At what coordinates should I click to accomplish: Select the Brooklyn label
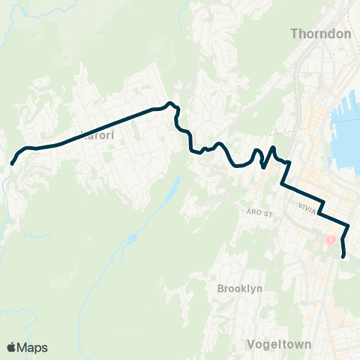tap(239, 289)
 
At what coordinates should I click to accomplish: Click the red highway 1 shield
tap(329, 239)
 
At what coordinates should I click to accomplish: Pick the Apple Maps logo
tap(27, 347)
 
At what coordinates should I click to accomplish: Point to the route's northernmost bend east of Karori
tap(171, 103)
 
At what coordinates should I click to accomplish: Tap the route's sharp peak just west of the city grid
tap(273, 148)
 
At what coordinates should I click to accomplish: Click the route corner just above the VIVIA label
tap(322, 201)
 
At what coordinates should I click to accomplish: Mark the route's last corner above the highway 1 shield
tap(348, 227)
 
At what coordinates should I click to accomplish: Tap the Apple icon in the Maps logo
tap(11, 347)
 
